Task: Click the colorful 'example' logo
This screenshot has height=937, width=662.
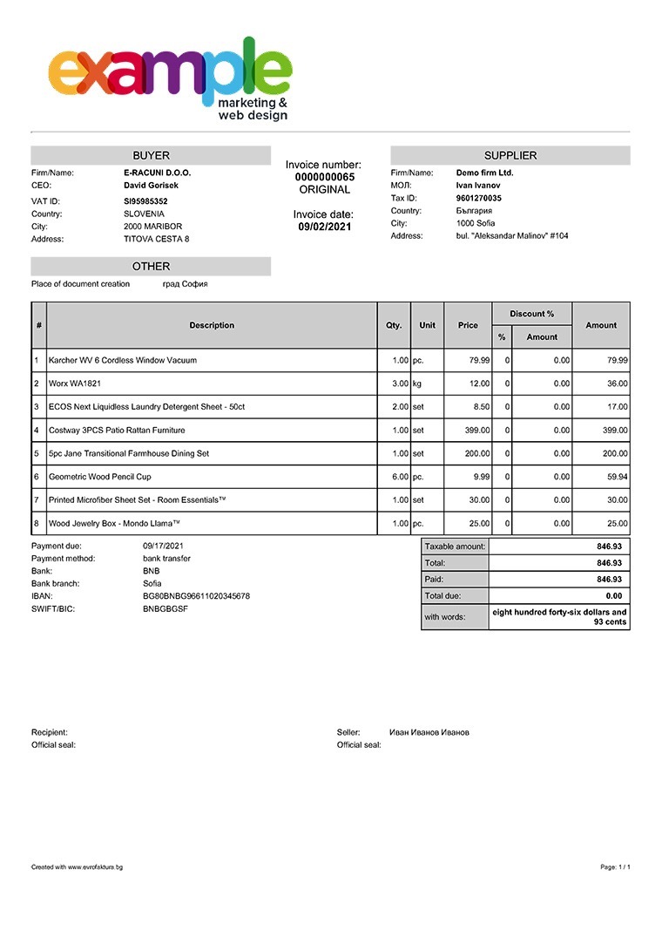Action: pos(170,77)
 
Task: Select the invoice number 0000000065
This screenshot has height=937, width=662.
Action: pos(324,177)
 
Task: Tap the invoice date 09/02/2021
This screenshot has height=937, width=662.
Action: pos(324,227)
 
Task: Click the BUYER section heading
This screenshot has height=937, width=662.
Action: pos(151,155)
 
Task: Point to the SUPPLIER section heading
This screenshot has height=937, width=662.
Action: pos(510,155)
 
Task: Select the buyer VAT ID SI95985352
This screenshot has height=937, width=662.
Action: pos(145,201)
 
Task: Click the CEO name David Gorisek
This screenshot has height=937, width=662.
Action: pos(151,185)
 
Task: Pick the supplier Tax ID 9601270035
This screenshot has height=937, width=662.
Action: pos(478,198)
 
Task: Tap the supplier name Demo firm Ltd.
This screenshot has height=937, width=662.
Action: pos(484,173)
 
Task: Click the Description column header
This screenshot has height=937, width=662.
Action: pos(212,325)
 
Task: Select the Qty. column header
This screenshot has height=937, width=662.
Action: pos(394,325)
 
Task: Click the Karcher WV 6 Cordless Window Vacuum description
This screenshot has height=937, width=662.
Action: pos(123,360)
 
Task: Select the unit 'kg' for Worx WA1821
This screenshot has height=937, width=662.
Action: pos(417,384)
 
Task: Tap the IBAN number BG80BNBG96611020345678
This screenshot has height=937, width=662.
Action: pos(196,596)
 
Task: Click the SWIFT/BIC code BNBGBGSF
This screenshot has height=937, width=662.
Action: pos(165,608)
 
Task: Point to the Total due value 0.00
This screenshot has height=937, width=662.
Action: pos(614,596)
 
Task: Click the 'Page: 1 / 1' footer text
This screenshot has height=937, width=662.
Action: pos(615,867)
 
